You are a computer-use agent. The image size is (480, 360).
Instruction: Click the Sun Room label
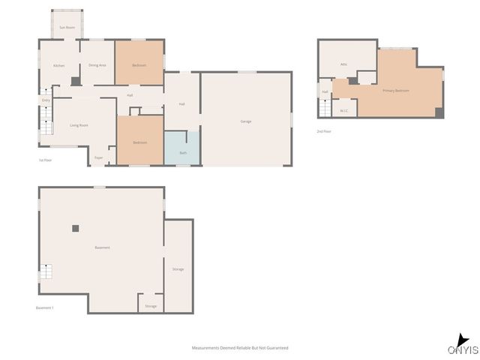tap(67, 28)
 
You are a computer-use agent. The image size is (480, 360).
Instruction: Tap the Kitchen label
tap(58, 66)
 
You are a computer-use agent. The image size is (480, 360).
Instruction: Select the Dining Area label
tap(97, 65)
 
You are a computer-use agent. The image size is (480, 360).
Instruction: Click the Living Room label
tap(79, 125)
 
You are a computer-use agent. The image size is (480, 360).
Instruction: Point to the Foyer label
tap(98, 157)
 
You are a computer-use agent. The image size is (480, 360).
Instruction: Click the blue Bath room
tap(183, 148)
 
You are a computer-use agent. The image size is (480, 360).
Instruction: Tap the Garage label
tap(245, 121)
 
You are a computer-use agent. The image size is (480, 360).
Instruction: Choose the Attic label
tap(343, 64)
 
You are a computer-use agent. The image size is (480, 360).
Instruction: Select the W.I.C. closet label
tap(344, 111)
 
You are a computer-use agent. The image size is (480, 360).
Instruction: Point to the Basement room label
tap(102, 247)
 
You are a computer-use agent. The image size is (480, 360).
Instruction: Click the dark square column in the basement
tap(75, 227)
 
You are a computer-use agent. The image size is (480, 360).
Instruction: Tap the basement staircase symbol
tap(46, 272)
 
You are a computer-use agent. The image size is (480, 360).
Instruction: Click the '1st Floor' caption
tap(46, 160)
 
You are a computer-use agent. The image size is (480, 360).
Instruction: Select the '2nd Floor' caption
tap(324, 131)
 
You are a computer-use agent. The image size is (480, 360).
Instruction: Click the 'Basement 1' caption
tap(45, 307)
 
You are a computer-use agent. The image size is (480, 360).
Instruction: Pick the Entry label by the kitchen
tap(46, 100)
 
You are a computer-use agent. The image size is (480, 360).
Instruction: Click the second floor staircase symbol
tap(324, 109)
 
